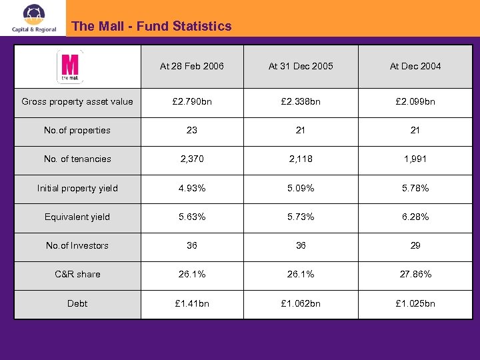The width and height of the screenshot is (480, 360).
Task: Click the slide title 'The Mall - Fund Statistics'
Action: (151, 27)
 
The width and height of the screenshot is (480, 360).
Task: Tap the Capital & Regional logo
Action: (33, 19)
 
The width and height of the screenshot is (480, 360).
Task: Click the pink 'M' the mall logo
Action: (70, 67)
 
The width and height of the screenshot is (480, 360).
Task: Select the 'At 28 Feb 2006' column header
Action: (192, 66)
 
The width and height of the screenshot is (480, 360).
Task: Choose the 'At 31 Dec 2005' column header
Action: (301, 66)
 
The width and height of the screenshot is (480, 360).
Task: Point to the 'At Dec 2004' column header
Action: (415, 66)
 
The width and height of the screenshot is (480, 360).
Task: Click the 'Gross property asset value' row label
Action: (77, 102)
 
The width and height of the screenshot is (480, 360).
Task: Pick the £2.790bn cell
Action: (192, 102)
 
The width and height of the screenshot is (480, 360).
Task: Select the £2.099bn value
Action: (415, 102)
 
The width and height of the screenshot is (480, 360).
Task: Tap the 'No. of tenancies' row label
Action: (77, 159)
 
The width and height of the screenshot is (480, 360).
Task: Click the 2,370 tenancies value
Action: (192, 159)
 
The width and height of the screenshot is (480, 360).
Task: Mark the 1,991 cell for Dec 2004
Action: (415, 159)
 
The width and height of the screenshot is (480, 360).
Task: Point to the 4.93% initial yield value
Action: (192, 188)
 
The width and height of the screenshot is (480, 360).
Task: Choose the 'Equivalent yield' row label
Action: (77, 217)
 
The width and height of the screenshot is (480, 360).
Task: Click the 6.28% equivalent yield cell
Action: (415, 217)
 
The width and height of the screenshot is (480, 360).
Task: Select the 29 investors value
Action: (415, 245)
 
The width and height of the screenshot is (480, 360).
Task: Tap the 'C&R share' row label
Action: (77, 274)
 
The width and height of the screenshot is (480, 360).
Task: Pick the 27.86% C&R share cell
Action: (415, 274)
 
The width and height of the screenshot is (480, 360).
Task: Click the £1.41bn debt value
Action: (192, 303)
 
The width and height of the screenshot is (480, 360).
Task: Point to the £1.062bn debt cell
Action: (301, 303)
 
